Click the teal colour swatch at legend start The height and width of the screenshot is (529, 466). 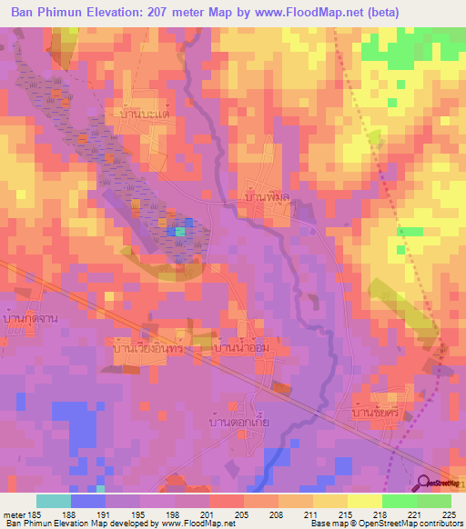(53, 501)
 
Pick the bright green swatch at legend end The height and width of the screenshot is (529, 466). (434, 501)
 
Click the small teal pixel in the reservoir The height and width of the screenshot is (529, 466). (180, 231)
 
